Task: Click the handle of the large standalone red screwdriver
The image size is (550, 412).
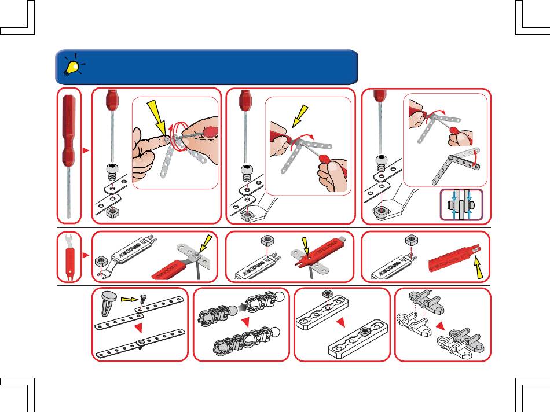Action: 69,130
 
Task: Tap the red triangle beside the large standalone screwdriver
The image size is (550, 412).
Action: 86,150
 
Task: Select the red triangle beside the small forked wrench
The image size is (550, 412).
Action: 86,255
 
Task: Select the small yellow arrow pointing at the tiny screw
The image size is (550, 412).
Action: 130,300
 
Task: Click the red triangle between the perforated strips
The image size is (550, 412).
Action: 139,329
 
